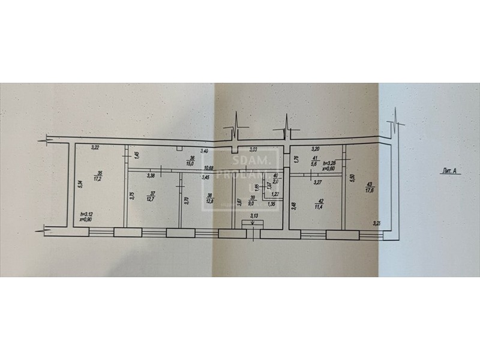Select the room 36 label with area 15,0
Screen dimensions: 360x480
click(x=190, y=160)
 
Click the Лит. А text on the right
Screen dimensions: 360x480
click(x=450, y=172)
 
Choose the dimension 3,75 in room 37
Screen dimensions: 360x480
click(x=132, y=196)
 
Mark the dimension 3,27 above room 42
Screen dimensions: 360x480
click(x=318, y=182)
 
